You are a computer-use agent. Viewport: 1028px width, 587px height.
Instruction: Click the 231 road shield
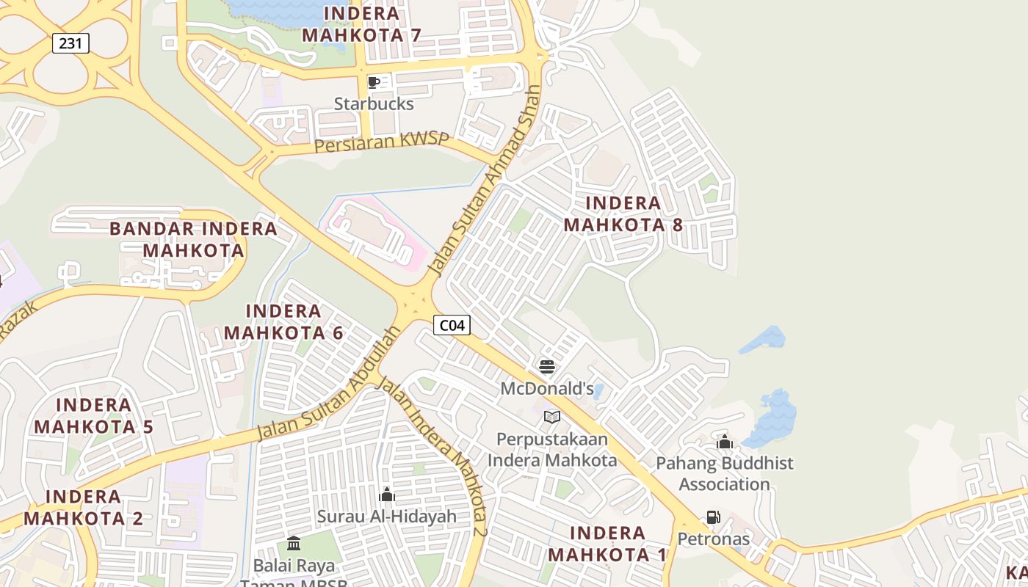tap(70, 43)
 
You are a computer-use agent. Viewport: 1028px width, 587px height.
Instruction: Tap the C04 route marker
tap(452, 325)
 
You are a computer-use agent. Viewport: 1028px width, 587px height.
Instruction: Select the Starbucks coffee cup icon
tap(373, 82)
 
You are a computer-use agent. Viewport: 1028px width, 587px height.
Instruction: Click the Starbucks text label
tap(374, 103)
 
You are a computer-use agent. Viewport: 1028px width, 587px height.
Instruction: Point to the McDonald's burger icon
tap(546, 366)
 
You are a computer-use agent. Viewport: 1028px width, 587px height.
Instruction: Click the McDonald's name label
tap(547, 388)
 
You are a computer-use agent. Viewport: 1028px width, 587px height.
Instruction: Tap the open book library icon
tap(552, 417)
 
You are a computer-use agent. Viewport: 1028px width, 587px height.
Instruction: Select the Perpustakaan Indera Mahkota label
tap(552, 450)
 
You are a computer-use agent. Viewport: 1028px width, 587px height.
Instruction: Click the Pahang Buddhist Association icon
tap(725, 442)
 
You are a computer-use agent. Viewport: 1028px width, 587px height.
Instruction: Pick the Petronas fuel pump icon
tap(713, 517)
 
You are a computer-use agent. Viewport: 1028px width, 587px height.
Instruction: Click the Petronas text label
tap(713, 539)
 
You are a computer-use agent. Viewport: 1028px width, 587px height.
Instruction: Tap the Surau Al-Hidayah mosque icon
tap(387, 495)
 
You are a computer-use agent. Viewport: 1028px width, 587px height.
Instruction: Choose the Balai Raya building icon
tap(294, 544)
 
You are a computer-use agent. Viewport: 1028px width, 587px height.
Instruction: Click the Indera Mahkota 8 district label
tap(623, 214)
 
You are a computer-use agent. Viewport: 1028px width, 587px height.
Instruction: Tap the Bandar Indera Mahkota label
tap(193, 239)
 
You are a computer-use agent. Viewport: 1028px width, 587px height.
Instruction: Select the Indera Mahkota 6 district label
tap(283, 322)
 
